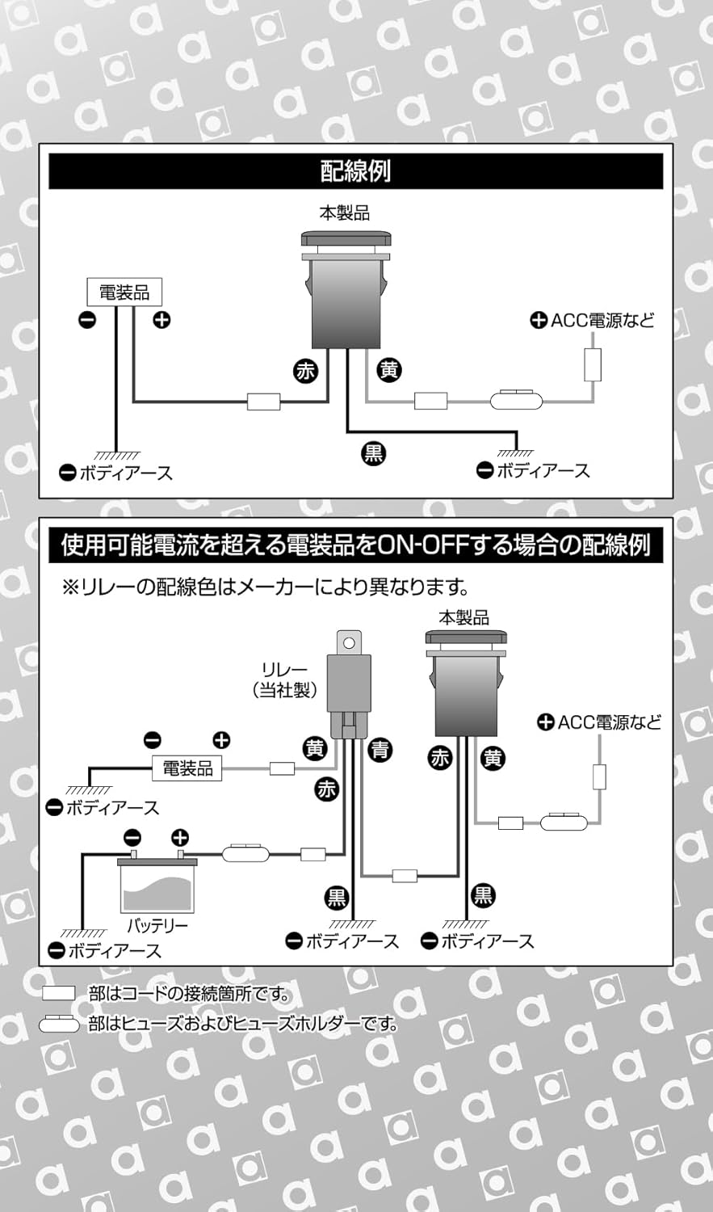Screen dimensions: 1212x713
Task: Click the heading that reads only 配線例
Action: [355, 171]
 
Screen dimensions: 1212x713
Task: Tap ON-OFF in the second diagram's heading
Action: [425, 545]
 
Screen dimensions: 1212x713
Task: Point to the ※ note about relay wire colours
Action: [266, 586]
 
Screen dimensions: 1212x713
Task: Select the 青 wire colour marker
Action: [380, 750]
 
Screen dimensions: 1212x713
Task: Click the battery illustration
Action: [158, 886]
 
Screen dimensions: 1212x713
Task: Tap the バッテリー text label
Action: [157, 926]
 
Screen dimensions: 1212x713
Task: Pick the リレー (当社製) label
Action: [284, 680]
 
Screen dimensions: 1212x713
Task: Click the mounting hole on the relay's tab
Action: [349, 643]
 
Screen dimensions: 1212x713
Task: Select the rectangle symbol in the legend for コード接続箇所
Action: [58, 994]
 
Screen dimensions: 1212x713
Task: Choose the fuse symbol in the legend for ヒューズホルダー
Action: [59, 1025]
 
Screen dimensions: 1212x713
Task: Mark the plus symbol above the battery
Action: [180, 837]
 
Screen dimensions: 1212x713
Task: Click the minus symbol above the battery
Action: [132, 837]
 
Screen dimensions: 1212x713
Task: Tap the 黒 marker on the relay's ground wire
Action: [337, 897]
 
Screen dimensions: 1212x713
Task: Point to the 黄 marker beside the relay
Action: [315, 749]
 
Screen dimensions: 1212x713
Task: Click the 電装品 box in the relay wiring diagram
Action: [187, 768]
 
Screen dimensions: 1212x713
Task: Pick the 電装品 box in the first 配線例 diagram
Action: [124, 292]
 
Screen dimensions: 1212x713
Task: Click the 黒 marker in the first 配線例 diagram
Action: [373, 453]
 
